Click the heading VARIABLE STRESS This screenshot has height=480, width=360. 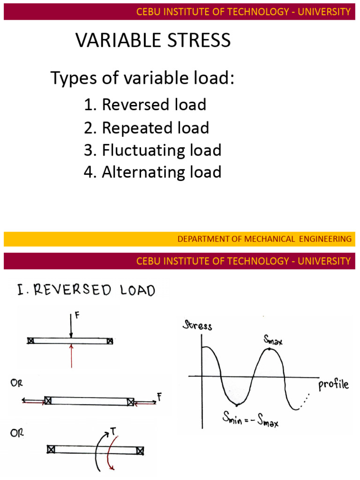pos(153,41)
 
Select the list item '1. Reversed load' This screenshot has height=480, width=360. pos(145,105)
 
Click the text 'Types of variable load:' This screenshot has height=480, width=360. pos(142,79)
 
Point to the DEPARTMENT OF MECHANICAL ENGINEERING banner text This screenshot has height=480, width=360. pos(264,239)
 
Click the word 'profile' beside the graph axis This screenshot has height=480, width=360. pos(333,385)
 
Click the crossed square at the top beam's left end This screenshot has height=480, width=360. pos(30,341)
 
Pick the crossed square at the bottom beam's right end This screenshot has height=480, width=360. pos(140,450)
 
